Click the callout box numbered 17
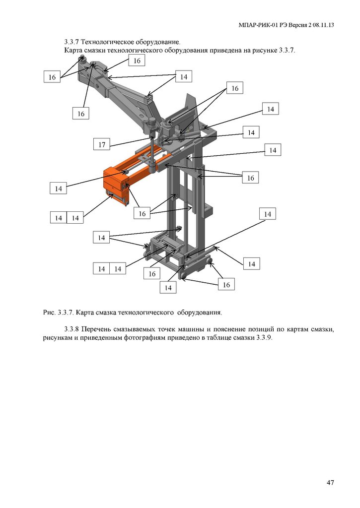coord(102,144)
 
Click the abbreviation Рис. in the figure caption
coord(50,313)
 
